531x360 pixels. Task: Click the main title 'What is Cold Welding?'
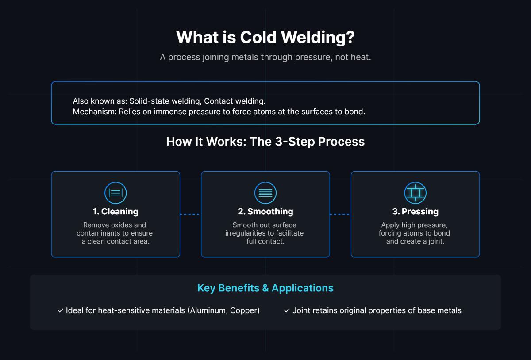pos(265,37)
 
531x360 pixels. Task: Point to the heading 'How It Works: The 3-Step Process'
pos(265,142)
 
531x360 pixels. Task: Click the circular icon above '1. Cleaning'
pos(115,193)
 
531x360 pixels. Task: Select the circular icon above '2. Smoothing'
pos(265,193)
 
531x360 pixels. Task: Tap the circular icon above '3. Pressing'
pos(415,193)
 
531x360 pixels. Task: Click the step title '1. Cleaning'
pos(115,212)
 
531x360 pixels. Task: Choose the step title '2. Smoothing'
pos(265,212)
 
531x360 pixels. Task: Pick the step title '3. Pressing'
pos(415,212)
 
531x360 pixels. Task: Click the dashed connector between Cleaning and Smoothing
pos(190,214)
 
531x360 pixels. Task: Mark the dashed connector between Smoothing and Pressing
pos(340,214)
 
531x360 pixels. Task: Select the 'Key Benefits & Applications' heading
pos(265,288)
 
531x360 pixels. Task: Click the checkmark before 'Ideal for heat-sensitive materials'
pos(60,311)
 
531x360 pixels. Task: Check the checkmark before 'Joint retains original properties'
pos(287,311)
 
